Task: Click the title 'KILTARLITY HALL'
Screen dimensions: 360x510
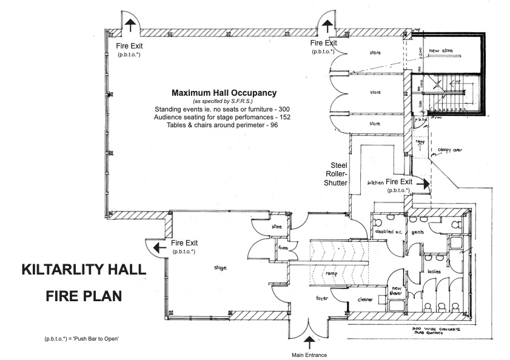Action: click(x=84, y=270)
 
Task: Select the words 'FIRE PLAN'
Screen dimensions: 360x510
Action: click(x=84, y=297)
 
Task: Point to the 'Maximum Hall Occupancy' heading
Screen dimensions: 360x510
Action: click(x=224, y=93)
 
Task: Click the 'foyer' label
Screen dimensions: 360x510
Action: click(x=323, y=298)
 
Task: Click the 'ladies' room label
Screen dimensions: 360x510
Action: click(x=434, y=271)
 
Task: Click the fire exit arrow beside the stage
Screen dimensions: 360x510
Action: click(x=157, y=247)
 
